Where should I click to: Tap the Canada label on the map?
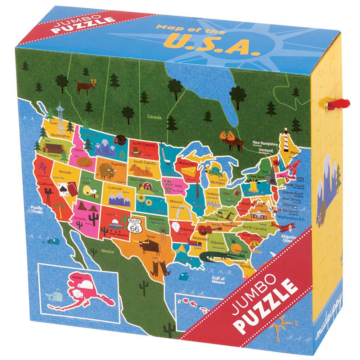point(154,117)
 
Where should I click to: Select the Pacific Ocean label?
point(36,209)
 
